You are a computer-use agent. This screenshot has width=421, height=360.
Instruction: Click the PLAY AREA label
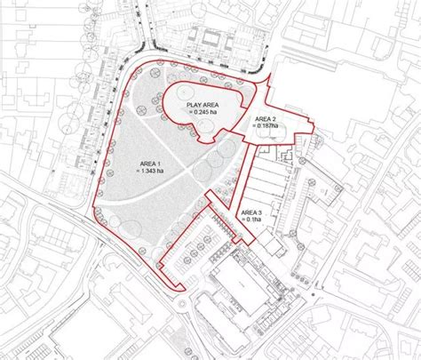[x=202, y=105]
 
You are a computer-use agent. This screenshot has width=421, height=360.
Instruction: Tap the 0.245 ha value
[x=203, y=113]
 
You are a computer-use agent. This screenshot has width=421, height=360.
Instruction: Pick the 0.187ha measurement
[x=267, y=125]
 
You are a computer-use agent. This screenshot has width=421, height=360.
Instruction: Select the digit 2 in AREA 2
[x=276, y=118]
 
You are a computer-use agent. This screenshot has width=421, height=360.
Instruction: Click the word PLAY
[x=193, y=105]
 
